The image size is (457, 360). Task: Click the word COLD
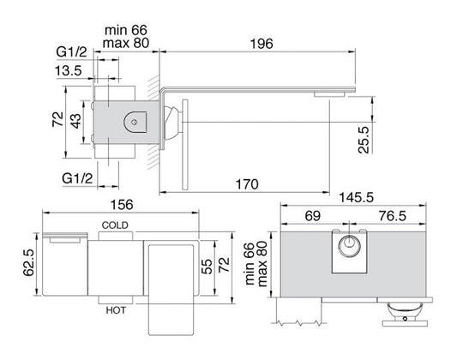[x=115, y=225]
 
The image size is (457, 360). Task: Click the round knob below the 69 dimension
[x=348, y=249]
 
